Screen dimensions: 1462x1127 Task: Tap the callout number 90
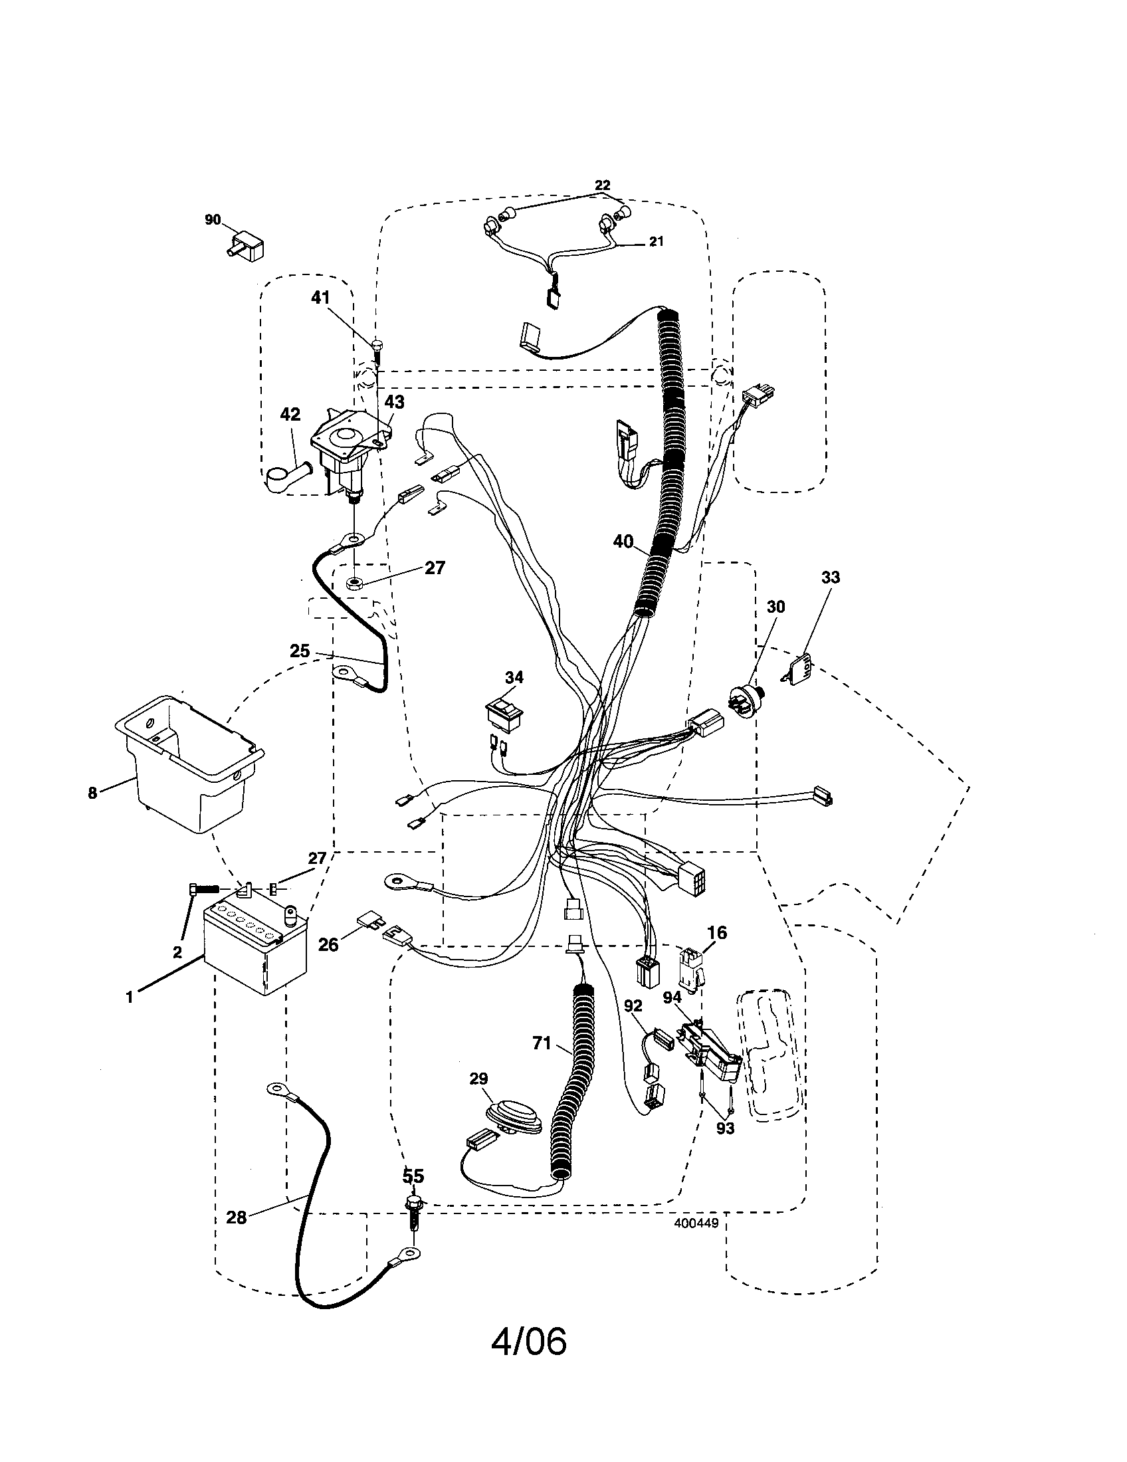pos(213,219)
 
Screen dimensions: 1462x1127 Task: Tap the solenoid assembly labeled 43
pos(343,455)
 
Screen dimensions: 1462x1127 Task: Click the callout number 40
pos(623,541)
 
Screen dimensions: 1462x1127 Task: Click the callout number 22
pos(602,185)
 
